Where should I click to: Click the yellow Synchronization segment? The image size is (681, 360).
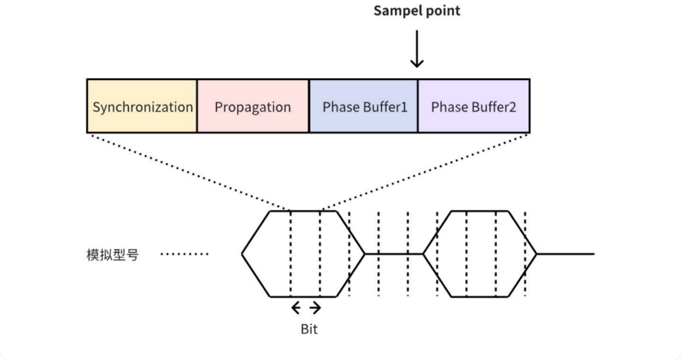142,106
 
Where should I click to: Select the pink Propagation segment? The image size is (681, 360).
253,106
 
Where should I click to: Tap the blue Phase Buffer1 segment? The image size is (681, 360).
364,106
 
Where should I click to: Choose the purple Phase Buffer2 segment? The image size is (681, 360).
474,106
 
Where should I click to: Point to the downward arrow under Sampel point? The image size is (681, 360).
417,49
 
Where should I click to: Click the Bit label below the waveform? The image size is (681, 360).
309,329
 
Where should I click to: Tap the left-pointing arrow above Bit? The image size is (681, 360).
296,308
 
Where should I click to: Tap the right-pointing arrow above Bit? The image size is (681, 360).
315,308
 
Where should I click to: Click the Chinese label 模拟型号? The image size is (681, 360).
112,255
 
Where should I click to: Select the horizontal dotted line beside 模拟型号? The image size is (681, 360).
185,254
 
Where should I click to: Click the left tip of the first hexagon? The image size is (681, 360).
242,254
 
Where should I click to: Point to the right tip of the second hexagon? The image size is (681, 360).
536,254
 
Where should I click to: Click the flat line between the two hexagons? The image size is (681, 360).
394,254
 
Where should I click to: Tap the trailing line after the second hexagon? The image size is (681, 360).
565,254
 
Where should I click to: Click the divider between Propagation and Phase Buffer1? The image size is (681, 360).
309,106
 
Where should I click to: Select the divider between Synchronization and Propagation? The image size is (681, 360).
197,106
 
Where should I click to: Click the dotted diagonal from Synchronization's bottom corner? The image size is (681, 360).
189,173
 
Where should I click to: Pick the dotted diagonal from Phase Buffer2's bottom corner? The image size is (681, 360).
425,173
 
